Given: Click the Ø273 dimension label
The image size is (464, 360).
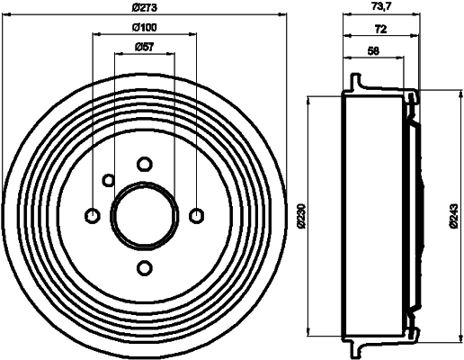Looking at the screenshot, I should (145, 9).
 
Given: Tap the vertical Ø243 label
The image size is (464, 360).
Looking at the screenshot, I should (456, 215).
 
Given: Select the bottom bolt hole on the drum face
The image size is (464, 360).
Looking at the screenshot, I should (144, 267).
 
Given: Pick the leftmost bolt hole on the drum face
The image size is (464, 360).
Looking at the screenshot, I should (92, 215).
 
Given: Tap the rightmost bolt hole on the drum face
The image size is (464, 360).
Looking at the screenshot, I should (197, 215).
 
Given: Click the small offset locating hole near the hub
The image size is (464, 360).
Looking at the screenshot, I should (108, 180).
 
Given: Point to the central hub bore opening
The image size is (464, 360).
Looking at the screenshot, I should (144, 215).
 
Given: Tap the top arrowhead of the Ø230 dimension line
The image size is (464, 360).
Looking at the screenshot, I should (310, 101).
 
